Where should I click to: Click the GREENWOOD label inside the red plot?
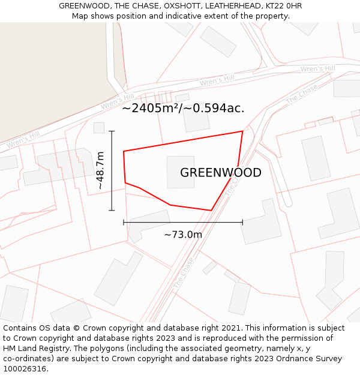pos(220,173)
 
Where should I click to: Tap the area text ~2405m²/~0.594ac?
pos(183,109)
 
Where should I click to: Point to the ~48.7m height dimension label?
pos(100,171)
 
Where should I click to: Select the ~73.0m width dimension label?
pos(183,235)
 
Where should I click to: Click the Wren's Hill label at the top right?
pos(317,69)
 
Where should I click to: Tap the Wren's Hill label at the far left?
pos(23,140)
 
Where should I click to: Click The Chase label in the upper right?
pos(302,94)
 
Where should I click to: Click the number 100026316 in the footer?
pos(25,369)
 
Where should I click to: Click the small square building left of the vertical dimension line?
pos(99,128)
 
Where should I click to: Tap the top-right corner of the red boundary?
pos(242,131)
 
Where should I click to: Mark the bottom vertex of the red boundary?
pos(211,211)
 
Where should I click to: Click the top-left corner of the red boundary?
pos(124,151)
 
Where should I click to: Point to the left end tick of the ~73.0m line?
pos(124,222)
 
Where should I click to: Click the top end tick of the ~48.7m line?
pos(112,131)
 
